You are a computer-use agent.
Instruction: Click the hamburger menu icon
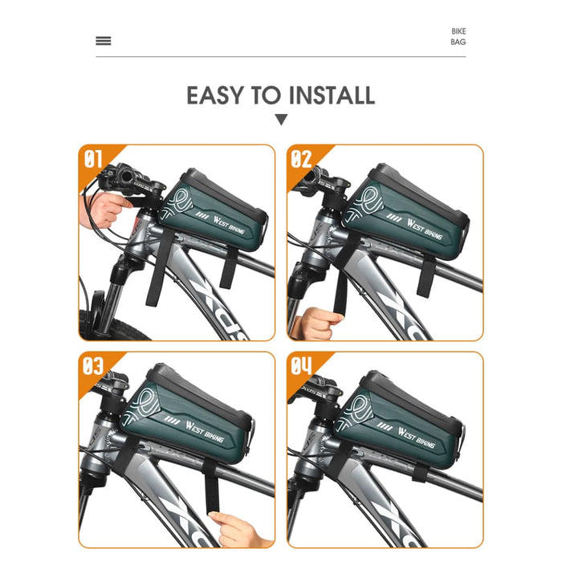[104, 41]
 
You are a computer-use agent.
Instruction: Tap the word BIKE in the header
[458, 31]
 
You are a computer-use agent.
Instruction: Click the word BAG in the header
[458, 42]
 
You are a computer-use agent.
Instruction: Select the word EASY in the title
[215, 96]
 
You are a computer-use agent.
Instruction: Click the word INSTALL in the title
[332, 96]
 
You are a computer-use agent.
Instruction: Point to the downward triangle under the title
[281, 120]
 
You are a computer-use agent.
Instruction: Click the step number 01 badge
[93, 159]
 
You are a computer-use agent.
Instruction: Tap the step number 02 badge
[301, 159]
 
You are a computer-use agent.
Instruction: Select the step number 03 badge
[93, 366]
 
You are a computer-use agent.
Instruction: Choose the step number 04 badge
[301, 366]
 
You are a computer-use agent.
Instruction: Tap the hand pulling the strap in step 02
[316, 324]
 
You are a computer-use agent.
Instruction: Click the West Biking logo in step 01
[229, 225]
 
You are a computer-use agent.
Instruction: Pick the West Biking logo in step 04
[416, 438]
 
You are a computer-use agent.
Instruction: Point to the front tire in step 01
[111, 325]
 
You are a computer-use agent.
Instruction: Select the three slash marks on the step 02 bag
[394, 218]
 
